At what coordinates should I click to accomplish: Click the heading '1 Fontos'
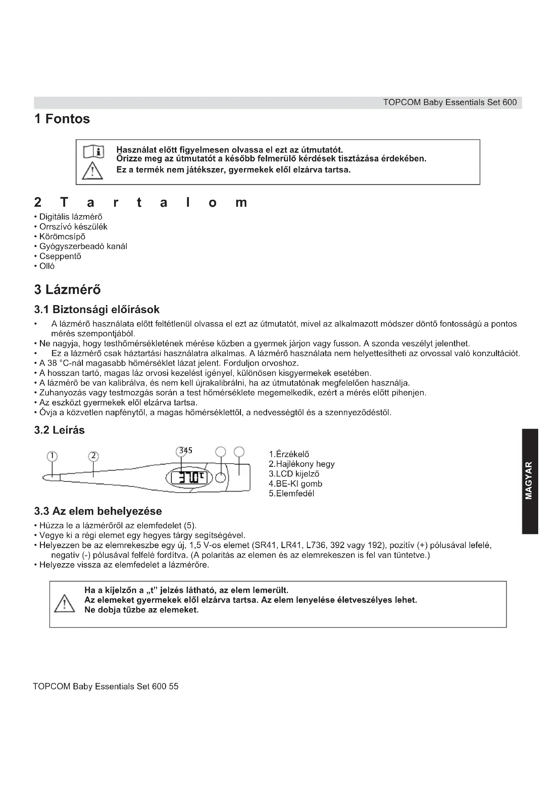(x=62, y=119)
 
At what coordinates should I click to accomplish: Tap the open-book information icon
(x=94, y=151)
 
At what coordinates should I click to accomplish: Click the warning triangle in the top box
(x=92, y=170)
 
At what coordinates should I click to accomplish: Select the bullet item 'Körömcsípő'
(x=62, y=237)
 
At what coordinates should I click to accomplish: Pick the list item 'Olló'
(x=47, y=266)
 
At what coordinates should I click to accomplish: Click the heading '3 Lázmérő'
(x=67, y=290)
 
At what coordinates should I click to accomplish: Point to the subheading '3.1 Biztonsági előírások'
(x=97, y=309)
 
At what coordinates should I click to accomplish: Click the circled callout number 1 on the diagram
(x=52, y=456)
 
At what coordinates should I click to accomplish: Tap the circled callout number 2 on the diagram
(x=93, y=456)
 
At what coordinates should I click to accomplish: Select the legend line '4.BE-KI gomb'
(x=296, y=483)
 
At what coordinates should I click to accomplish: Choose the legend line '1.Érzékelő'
(x=289, y=454)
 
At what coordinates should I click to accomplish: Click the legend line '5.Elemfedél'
(x=292, y=493)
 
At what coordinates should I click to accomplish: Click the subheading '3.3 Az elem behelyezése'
(x=98, y=511)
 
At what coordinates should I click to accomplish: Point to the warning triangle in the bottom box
(x=64, y=603)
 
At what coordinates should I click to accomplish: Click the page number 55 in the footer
(x=173, y=687)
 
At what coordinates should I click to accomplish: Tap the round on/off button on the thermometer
(x=221, y=478)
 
